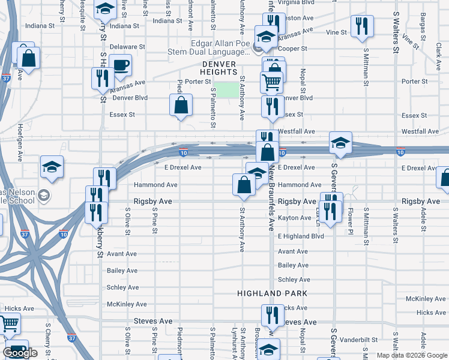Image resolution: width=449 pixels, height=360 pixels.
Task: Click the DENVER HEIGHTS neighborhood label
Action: coord(224,67)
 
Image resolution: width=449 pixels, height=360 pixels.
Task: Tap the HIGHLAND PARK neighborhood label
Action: coord(272,293)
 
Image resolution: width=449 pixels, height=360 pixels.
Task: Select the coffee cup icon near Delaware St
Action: coord(120,65)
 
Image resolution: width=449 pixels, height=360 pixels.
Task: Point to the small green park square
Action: coord(226,90)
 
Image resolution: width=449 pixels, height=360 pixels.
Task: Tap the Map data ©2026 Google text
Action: coord(412,355)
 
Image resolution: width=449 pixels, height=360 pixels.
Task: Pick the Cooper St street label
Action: coord(293,49)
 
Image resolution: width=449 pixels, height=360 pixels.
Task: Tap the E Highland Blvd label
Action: coord(301,236)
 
